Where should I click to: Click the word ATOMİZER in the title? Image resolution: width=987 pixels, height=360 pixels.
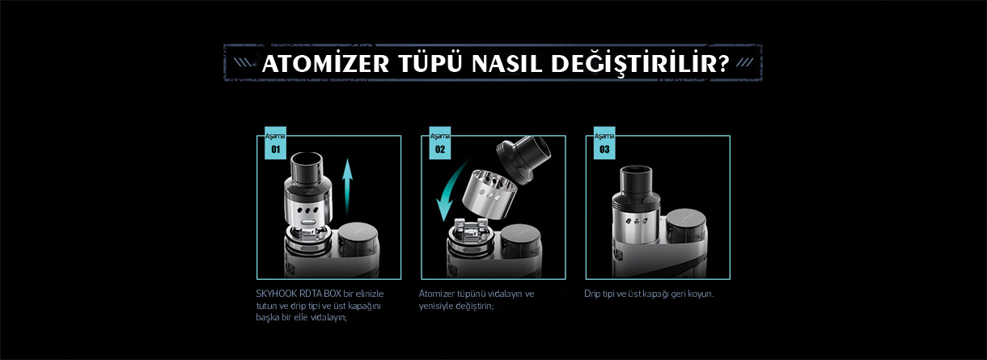click(325, 63)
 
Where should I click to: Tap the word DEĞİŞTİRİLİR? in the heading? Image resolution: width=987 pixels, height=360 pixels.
click(641, 65)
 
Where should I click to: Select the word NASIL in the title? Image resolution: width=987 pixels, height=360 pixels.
click(506, 64)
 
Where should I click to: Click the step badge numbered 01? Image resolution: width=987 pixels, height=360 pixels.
click(275, 142)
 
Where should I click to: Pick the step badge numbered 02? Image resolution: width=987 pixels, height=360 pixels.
click(440, 142)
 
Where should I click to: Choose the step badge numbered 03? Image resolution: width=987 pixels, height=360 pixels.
click(604, 142)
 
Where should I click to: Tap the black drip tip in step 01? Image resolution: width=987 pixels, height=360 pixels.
click(307, 167)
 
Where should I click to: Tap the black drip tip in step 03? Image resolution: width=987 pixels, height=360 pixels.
click(635, 180)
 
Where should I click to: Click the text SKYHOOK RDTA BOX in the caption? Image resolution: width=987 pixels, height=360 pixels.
click(299, 294)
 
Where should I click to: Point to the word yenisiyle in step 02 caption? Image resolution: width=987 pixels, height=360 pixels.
click(435, 306)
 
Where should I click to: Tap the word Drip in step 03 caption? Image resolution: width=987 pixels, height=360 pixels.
click(593, 294)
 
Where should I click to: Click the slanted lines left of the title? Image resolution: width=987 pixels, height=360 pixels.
click(243, 62)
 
